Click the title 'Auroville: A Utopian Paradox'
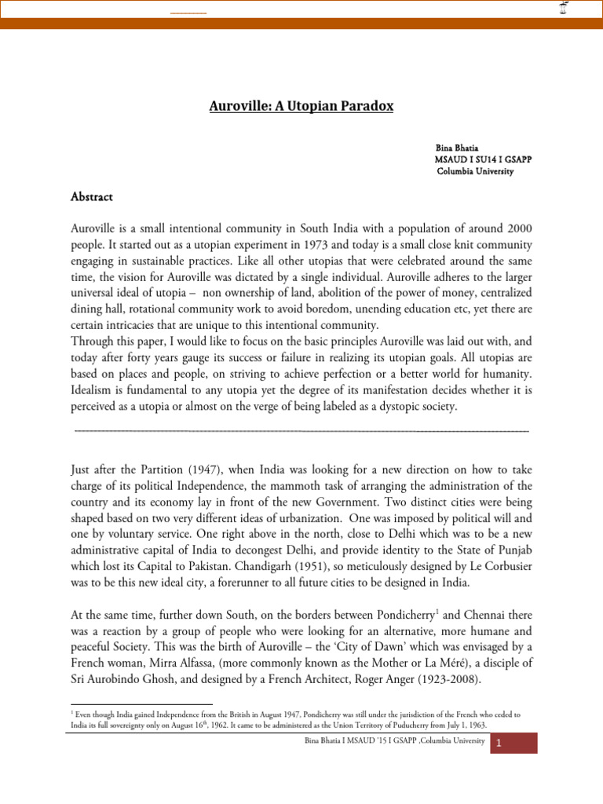tap(301, 108)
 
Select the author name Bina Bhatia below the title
tap(456, 147)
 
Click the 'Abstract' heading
tap(92, 197)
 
